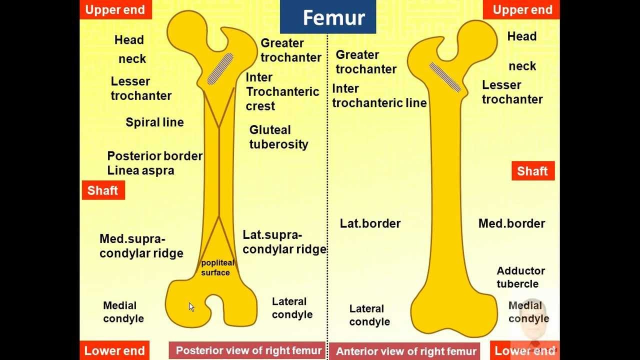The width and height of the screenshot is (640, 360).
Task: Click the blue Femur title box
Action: tap(327, 17)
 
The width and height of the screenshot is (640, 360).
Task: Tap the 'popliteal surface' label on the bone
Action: tap(217, 268)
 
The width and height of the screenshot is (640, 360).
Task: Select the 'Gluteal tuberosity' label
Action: tap(278, 137)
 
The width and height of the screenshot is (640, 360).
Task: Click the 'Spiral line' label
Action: tap(154, 122)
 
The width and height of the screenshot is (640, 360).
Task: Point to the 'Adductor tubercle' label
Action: tap(520, 277)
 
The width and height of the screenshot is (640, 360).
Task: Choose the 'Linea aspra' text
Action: tap(140, 170)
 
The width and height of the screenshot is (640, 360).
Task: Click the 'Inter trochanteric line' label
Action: tap(379, 96)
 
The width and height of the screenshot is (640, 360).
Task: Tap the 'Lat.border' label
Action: tap(370, 223)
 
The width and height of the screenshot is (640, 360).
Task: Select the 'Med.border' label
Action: tap(511, 223)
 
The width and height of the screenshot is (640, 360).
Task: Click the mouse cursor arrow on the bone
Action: tap(191, 306)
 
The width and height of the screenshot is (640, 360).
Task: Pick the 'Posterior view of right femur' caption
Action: tap(248, 350)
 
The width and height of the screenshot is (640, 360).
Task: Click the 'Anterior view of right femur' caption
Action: tap(406, 351)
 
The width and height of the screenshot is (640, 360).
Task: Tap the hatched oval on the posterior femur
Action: tap(220, 68)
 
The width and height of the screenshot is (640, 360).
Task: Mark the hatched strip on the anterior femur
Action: tap(445, 77)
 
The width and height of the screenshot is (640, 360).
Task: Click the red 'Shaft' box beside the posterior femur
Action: tap(103, 190)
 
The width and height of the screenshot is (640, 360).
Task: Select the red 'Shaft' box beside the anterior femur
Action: tap(532, 171)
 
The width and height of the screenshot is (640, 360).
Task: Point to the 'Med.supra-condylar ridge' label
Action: tap(141, 246)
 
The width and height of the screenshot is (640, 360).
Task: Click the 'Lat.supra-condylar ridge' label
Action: tap(284, 242)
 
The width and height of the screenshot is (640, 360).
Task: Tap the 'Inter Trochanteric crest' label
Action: tap(282, 92)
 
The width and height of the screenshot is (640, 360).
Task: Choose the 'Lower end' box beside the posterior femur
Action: tap(114, 351)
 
